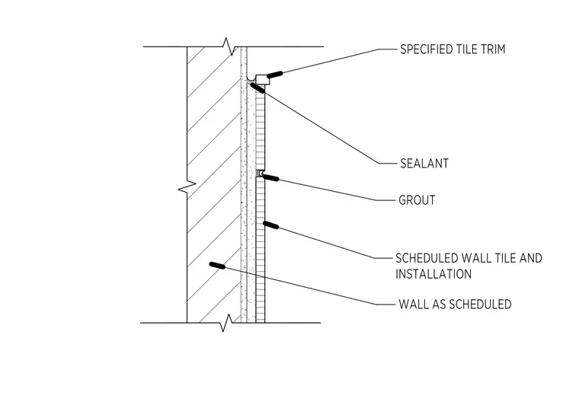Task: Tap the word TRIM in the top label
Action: coord(493,49)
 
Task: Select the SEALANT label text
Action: coord(424,164)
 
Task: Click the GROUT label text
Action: coord(417,200)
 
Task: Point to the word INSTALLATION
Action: coord(433,274)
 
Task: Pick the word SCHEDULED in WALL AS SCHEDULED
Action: coord(481,305)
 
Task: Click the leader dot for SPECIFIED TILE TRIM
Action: coord(275,75)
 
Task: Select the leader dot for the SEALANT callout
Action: coord(258,88)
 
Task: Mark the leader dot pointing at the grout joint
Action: coord(271,178)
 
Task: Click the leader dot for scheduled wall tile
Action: coord(270,225)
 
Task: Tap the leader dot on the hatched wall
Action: coord(217,265)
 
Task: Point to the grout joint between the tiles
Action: coord(261,173)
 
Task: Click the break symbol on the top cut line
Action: coord(229,46)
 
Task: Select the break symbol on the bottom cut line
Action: coord(226,323)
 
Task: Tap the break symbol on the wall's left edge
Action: coord(187,188)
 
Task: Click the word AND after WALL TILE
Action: coord(531,258)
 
